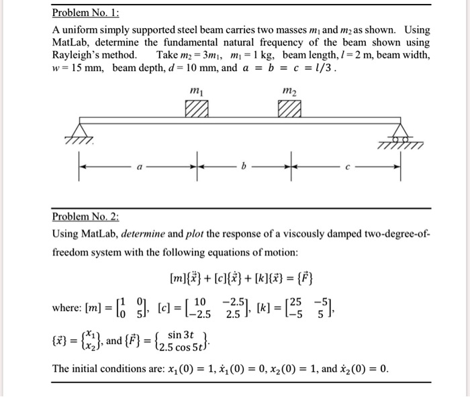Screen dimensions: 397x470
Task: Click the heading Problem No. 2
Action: click(87, 217)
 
